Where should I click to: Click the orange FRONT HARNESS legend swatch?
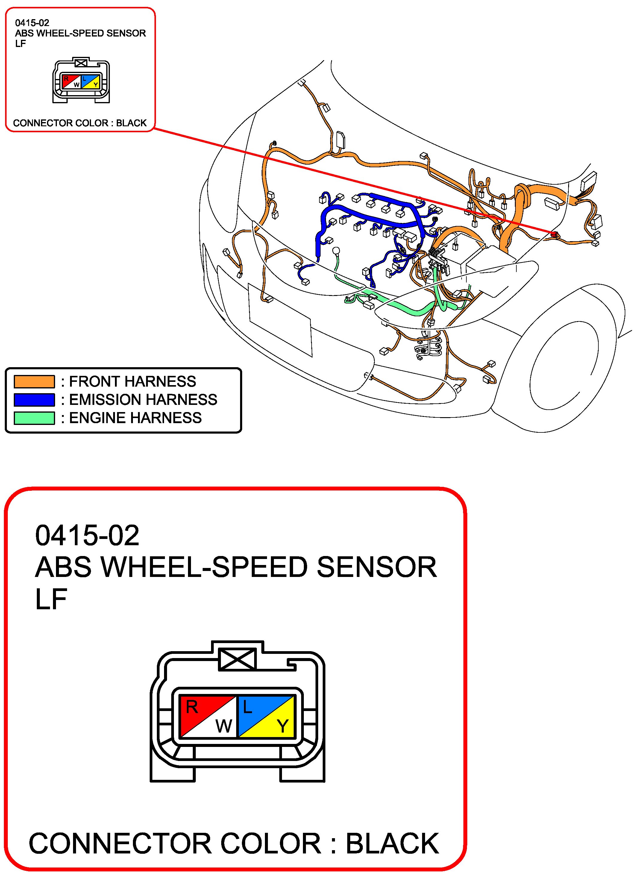point(34,382)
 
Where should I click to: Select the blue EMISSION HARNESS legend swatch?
point(34,400)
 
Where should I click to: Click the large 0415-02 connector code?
point(87,536)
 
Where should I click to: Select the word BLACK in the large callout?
point(392,844)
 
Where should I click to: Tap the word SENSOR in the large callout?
point(377,567)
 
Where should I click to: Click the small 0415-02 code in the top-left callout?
point(32,23)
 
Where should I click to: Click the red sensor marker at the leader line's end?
point(555,233)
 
